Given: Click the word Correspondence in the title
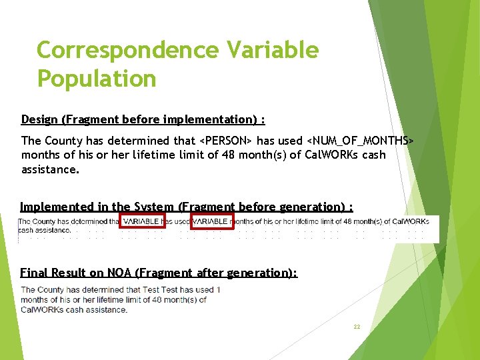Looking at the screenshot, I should click(127, 50).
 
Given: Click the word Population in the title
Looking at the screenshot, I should click(96, 79).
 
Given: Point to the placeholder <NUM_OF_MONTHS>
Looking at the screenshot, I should click(359, 141).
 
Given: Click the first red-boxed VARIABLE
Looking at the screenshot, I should click(141, 221).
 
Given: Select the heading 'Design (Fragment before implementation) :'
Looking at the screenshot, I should click(143, 119).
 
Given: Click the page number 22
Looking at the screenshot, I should click(357, 327).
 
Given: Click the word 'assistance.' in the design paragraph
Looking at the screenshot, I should click(50, 169).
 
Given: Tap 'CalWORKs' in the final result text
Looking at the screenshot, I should click(41, 309).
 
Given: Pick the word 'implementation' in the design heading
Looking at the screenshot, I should click(217, 119).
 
